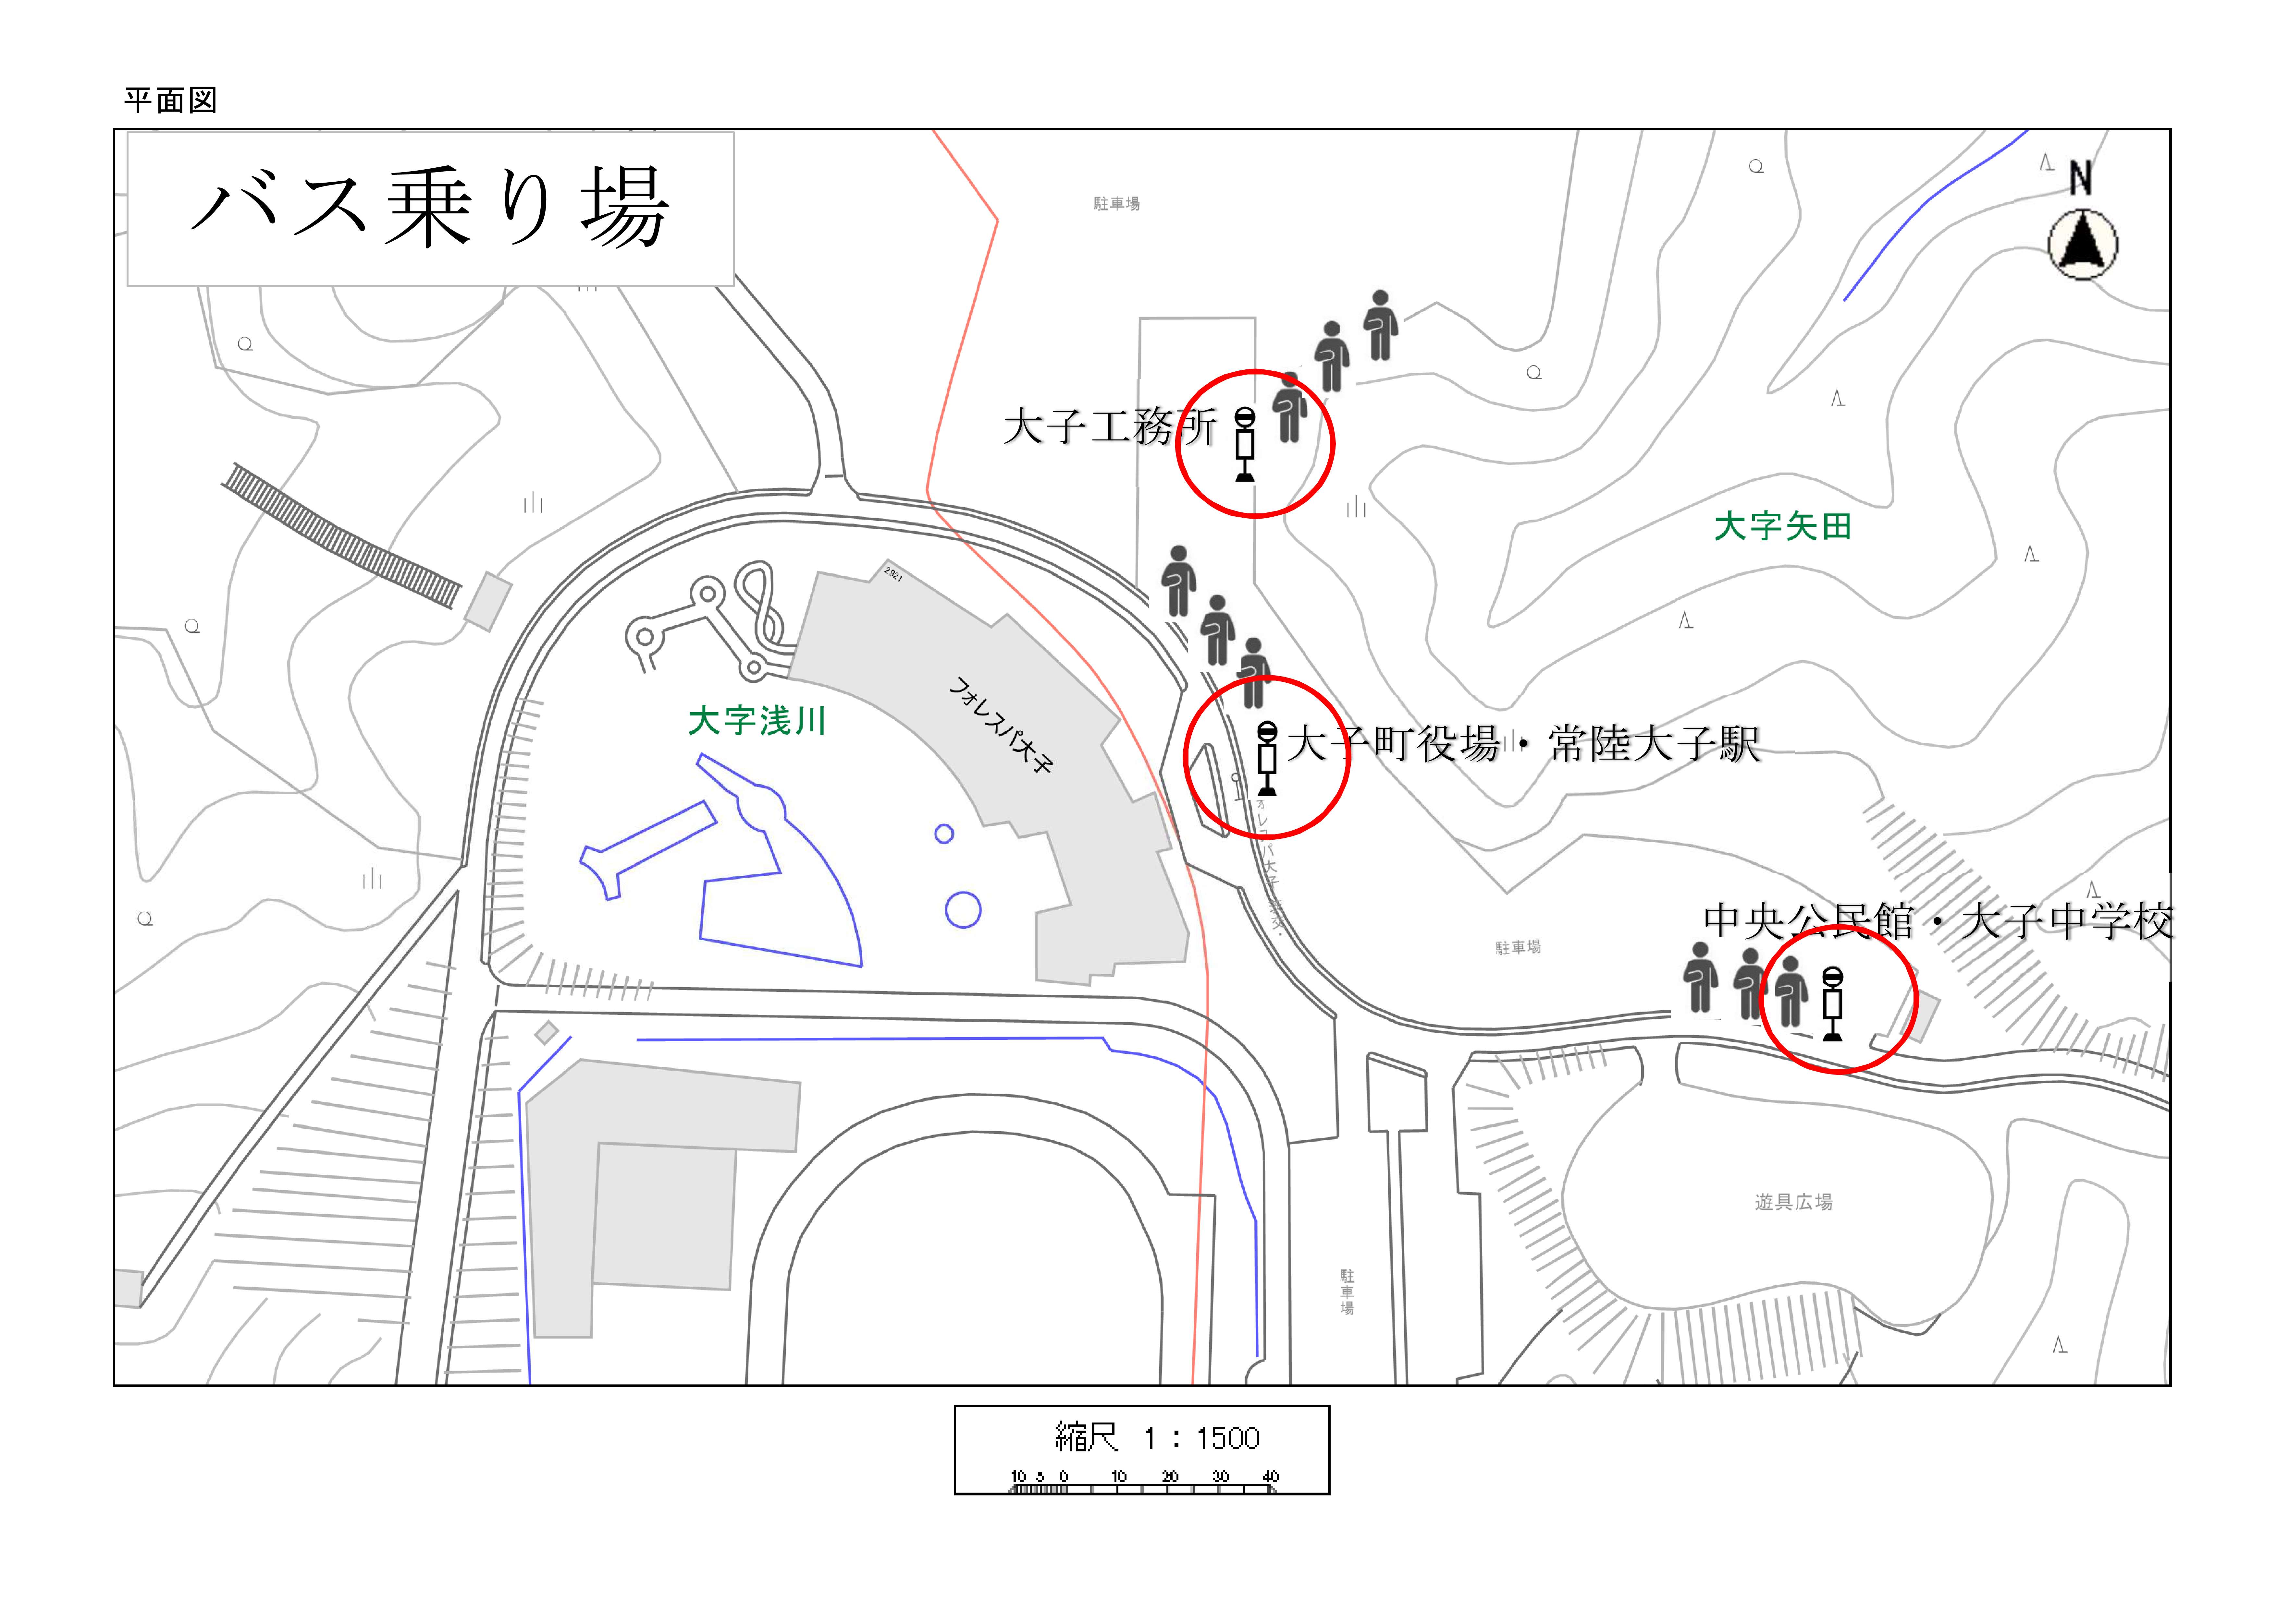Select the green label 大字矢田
point(1782,526)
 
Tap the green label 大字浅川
point(757,721)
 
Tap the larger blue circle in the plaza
point(963,909)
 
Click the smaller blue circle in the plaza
point(944,834)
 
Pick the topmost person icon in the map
point(1381,325)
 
